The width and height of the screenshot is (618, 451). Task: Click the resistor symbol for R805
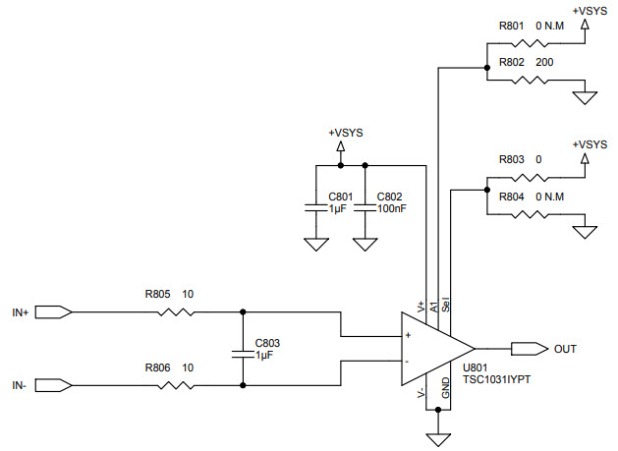pos(176,312)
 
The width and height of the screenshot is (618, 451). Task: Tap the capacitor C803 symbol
pos(242,349)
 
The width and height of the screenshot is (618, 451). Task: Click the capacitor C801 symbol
pos(314,207)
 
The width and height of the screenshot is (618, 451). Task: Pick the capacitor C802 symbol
pos(365,207)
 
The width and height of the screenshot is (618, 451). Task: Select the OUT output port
pos(530,348)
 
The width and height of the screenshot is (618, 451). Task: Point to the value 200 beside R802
pos(544,62)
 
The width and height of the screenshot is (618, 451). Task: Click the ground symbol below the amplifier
pos(433,436)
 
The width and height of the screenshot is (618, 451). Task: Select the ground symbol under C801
pos(314,245)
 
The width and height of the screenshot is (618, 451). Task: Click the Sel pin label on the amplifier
pos(446,306)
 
